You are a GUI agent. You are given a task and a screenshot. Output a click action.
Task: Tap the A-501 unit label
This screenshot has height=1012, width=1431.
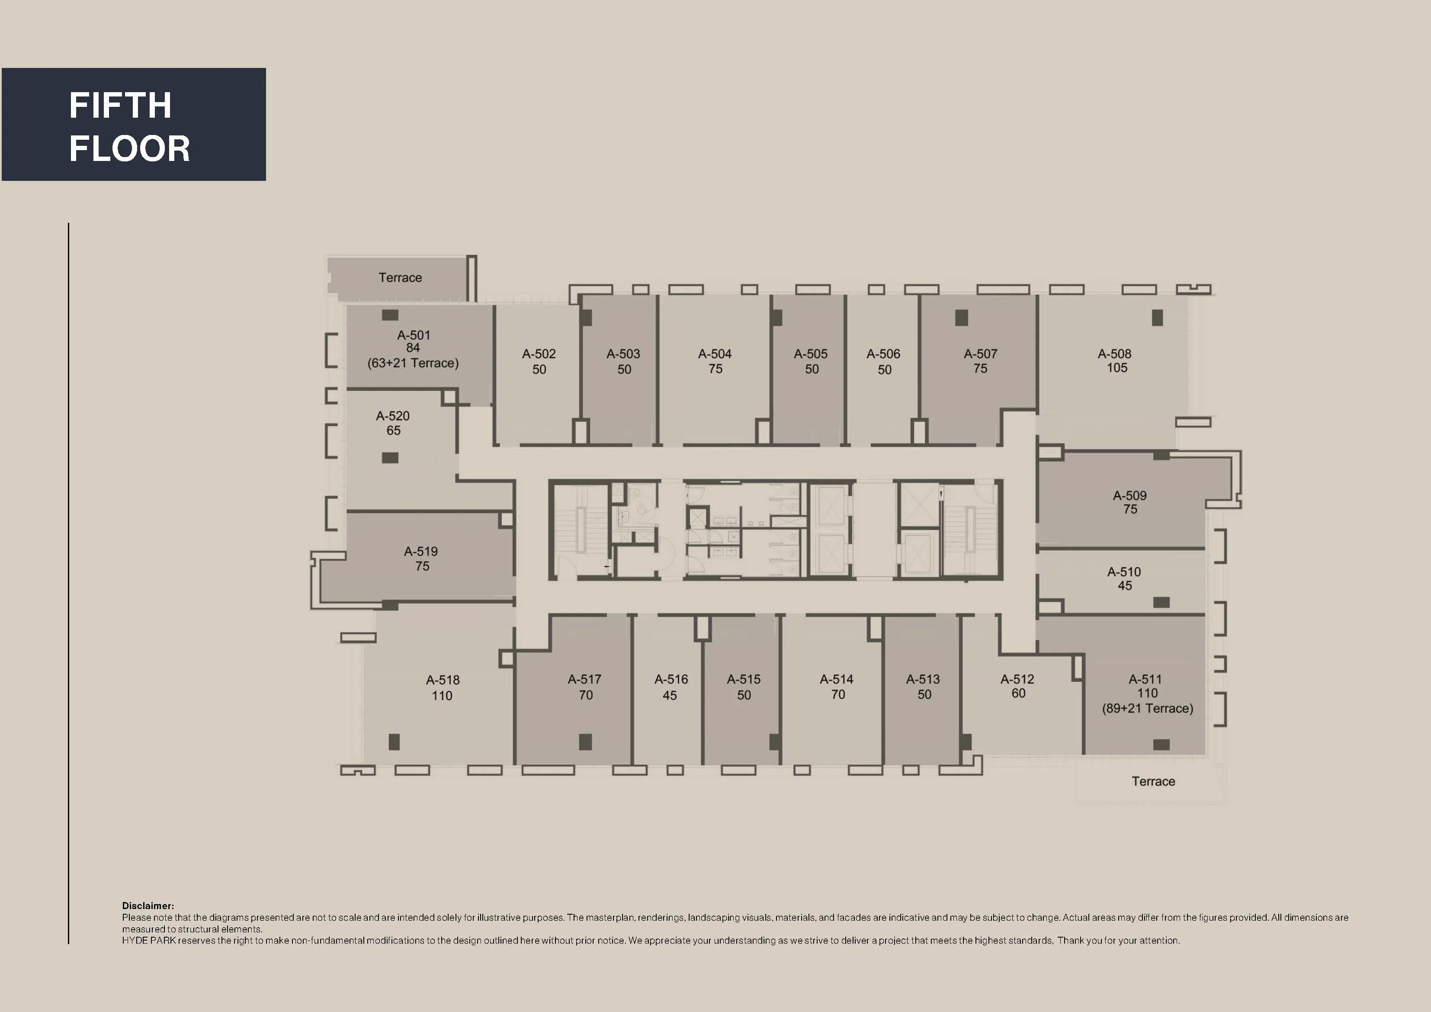click(x=413, y=335)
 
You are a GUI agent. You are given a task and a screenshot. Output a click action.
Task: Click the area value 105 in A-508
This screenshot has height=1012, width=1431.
click(x=1117, y=368)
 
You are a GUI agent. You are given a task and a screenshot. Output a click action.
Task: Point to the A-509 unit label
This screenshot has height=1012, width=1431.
click(x=1129, y=496)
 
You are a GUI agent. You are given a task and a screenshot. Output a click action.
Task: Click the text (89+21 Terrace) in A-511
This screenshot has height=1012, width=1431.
click(x=1147, y=708)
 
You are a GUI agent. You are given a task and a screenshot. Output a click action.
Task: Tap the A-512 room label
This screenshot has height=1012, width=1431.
click(x=1017, y=679)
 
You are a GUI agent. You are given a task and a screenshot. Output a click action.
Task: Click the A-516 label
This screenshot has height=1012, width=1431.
click(x=671, y=679)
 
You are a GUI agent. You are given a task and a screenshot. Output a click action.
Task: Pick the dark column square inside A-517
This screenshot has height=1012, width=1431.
click(x=585, y=742)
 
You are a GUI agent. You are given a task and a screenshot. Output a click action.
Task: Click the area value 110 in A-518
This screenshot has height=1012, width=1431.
click(x=442, y=696)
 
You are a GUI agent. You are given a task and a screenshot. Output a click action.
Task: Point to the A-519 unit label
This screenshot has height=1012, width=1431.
click(x=421, y=551)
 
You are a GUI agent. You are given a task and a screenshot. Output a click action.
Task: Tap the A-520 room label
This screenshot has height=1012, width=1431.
click(x=393, y=416)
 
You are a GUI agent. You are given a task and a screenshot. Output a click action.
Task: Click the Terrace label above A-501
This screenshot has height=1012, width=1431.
click(x=400, y=277)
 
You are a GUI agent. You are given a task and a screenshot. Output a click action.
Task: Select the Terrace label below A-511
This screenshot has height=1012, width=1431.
click(x=1153, y=781)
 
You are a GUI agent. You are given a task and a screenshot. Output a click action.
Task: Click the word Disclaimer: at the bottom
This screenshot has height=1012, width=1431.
click(x=148, y=906)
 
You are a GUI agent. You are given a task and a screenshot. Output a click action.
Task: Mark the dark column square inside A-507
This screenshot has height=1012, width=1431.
click(x=961, y=318)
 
